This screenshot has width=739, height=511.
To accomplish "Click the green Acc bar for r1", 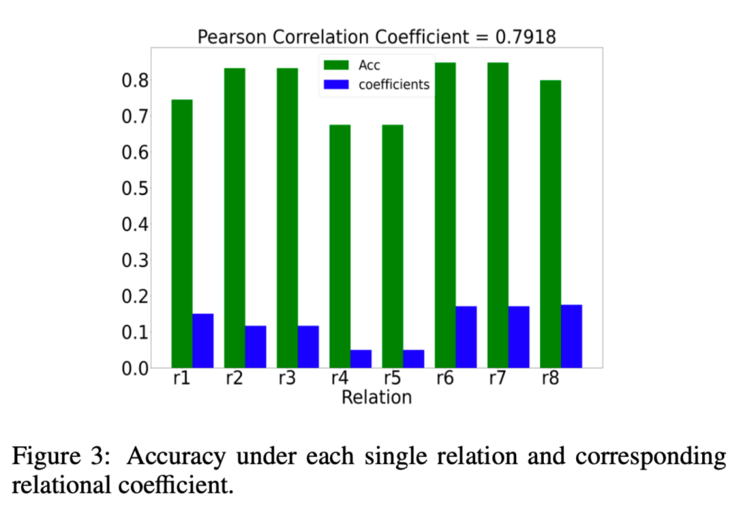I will click(x=182, y=233).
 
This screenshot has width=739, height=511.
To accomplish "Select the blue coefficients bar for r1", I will click(x=203, y=341).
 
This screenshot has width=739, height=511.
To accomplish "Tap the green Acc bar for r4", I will click(x=339, y=246).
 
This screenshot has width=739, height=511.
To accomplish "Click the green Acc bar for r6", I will click(x=445, y=215).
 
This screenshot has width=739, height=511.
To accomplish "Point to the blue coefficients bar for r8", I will click(x=571, y=336).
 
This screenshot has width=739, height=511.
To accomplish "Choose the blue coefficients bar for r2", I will click(x=256, y=347).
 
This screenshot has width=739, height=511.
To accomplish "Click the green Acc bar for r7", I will click(x=497, y=215).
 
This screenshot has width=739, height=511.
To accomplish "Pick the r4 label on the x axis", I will click(x=339, y=378).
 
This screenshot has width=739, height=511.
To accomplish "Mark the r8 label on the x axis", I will click(x=550, y=378).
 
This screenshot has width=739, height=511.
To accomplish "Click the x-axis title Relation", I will click(x=376, y=397).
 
